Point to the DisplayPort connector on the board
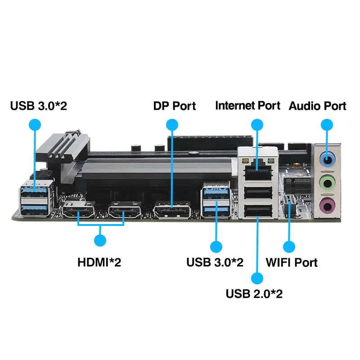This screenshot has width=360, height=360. (172, 209)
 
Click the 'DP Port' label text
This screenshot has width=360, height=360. (175, 106)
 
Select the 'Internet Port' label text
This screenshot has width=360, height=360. (247, 106)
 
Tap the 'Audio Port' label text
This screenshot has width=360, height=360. (317, 106)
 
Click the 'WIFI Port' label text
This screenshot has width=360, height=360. (292, 262)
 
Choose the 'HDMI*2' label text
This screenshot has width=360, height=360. (99, 262)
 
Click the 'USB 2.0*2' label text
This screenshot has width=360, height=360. (254, 294)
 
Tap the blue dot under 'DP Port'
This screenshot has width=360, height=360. (172, 125)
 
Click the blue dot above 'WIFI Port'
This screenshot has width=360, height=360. (289, 246)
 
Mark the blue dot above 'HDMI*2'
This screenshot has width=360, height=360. (100, 241)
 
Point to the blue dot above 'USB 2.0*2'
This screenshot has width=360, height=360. (257, 278)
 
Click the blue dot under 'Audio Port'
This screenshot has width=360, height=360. (327, 125)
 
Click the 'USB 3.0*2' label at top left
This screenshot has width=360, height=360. (39, 106)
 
